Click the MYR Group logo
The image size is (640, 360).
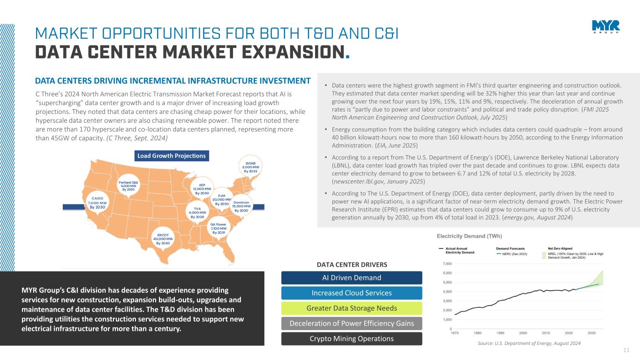coord(605,27)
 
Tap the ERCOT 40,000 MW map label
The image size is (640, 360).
coord(163,239)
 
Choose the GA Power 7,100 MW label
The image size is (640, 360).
coord(218,229)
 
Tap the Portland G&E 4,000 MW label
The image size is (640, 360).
coord(128,185)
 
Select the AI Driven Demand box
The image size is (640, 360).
coord(352,277)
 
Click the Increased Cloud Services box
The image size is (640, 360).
coord(352,293)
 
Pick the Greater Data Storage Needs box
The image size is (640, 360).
coord(352,308)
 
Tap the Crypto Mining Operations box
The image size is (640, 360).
coord(352,338)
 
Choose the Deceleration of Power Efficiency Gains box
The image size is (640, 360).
coord(352,323)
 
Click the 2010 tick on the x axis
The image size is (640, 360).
coord(546,333)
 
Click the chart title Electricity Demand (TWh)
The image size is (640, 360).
coord(470,236)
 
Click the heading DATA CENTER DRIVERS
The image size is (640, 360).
coord(352,265)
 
